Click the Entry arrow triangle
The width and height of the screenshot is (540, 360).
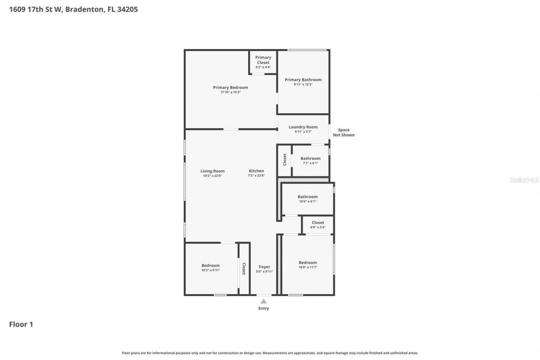pyautogui.click(x=264, y=301)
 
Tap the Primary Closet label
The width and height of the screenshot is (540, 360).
pyautogui.click(x=263, y=60)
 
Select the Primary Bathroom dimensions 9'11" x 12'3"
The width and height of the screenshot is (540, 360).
pyautogui.click(x=303, y=84)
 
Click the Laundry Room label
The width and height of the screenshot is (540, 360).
pyautogui.click(x=303, y=127)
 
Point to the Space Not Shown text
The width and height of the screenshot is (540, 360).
pyautogui.click(x=344, y=133)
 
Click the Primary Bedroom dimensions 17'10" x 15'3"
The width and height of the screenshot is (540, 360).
pyautogui.click(x=230, y=92)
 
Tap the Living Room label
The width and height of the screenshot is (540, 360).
pyautogui.click(x=212, y=171)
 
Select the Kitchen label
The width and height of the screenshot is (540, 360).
pyautogui.click(x=256, y=171)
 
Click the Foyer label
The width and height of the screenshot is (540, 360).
pyautogui.click(x=265, y=267)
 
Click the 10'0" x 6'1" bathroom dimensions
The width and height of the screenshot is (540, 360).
pyautogui.click(x=308, y=201)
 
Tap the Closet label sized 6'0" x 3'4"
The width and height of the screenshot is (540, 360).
pyautogui.click(x=318, y=222)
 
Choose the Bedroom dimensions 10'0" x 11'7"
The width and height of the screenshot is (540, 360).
pyautogui.click(x=308, y=267)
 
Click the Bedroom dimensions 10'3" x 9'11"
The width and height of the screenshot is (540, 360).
pyautogui.click(x=211, y=270)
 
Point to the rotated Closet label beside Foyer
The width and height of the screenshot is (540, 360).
pyautogui.click(x=244, y=268)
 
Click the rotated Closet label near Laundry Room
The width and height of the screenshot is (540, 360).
pyautogui.click(x=284, y=160)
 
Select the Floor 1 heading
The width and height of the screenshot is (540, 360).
pyautogui.click(x=21, y=324)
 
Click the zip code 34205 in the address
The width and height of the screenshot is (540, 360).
pyautogui.click(x=127, y=9)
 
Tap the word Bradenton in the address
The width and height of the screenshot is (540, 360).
pyautogui.click(x=85, y=9)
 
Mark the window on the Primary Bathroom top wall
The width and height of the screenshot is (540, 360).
pyautogui.click(x=307, y=50)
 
